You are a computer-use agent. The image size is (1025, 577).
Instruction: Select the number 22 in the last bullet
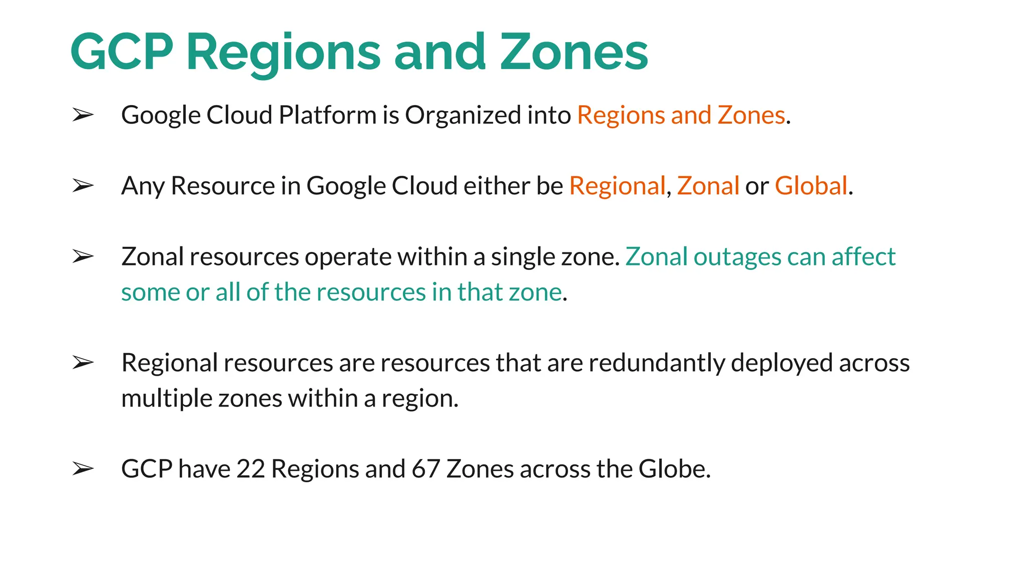[x=250, y=469]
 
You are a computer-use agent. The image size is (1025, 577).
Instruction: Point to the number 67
[x=425, y=469]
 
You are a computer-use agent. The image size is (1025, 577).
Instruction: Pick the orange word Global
[x=811, y=186]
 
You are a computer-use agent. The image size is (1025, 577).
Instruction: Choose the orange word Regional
[x=617, y=186]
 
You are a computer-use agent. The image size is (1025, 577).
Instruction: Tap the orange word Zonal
[x=708, y=186]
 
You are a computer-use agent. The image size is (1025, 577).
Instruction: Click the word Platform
[x=328, y=115]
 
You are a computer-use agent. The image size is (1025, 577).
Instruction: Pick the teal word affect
[x=863, y=257]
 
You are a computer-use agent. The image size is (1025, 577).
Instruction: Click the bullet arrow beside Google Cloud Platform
[x=83, y=115]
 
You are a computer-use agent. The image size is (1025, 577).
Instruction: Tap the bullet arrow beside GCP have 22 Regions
[x=83, y=469]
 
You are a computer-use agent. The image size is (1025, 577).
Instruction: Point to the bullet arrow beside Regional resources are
[x=83, y=363]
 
